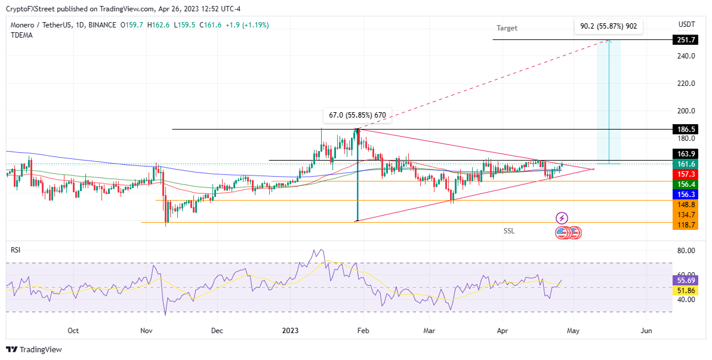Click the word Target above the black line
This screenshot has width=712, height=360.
[x=507, y=28]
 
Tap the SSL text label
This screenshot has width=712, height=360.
[x=508, y=230]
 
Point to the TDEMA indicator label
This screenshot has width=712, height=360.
[x=21, y=35]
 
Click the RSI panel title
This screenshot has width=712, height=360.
[x=16, y=250]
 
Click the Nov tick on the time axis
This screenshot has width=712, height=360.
[x=146, y=330]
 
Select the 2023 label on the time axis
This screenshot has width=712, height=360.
[x=290, y=330]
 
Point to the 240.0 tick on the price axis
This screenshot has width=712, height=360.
[x=686, y=56]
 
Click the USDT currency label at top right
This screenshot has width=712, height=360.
[x=686, y=24]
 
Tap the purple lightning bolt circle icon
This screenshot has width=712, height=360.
[x=562, y=219]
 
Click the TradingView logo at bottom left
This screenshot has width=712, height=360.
[x=34, y=350]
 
